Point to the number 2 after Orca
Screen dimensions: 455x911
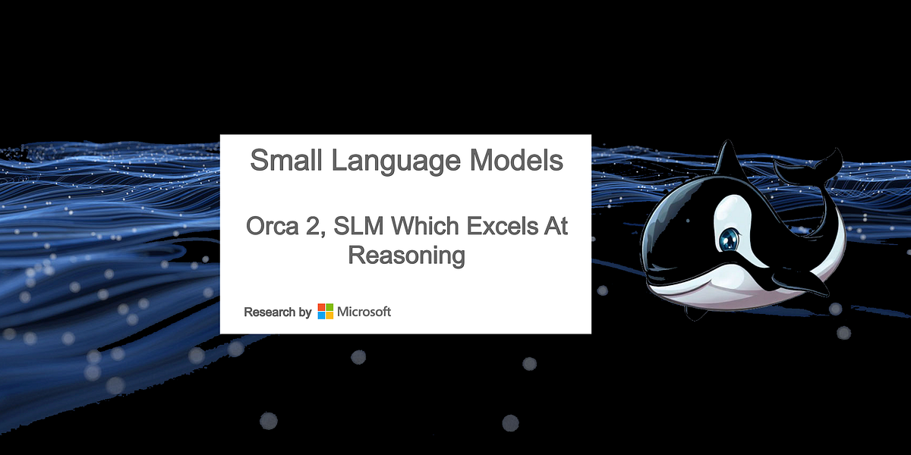point(317,227)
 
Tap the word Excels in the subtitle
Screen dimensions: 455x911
point(500,227)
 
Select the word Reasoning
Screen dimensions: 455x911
point(405,256)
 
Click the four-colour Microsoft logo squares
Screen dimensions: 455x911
point(325,312)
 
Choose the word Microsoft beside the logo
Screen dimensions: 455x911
point(364,312)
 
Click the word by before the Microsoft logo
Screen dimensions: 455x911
point(305,312)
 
